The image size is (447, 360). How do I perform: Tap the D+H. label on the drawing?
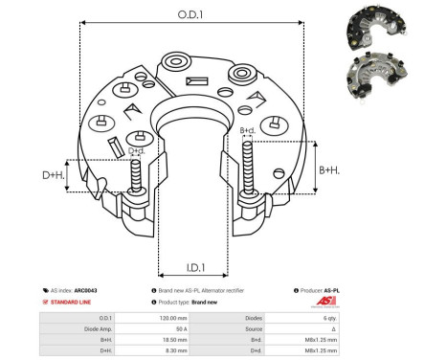click(54, 176)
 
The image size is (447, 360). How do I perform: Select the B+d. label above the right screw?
click(246, 130)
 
